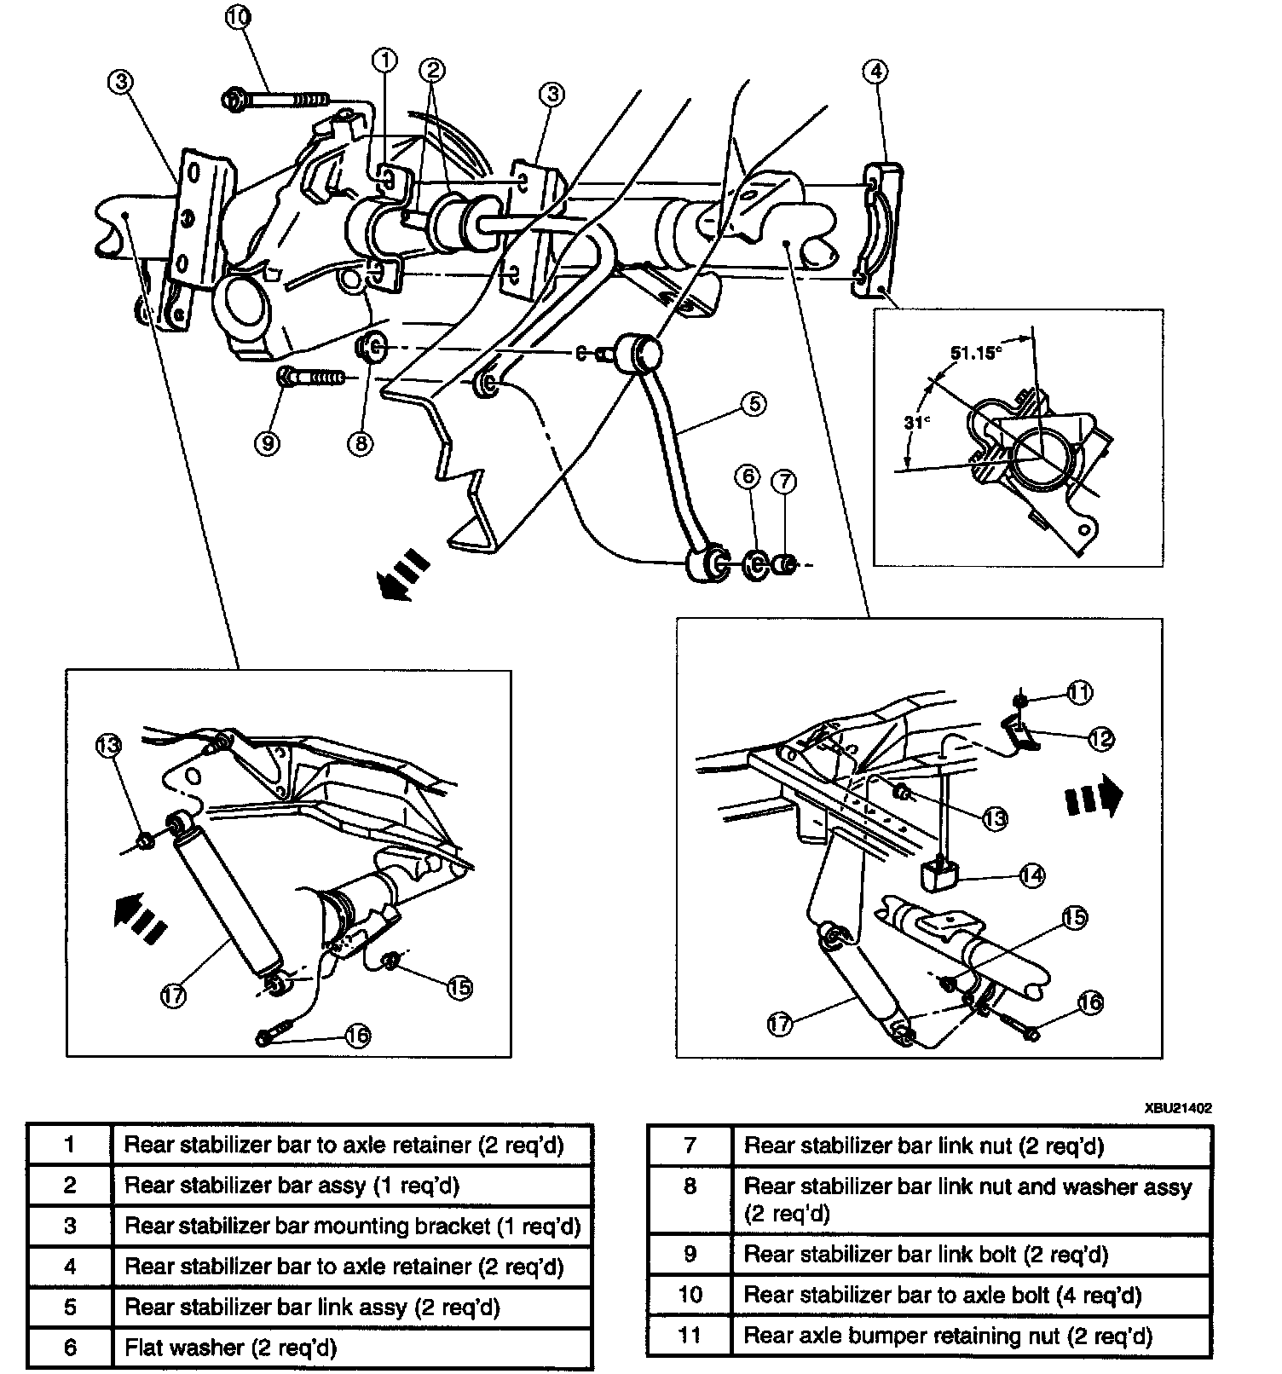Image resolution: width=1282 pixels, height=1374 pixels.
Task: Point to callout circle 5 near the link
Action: click(x=754, y=403)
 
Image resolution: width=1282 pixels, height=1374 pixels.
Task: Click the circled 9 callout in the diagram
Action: click(x=268, y=443)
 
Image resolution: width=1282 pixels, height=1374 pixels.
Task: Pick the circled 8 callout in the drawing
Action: click(x=360, y=443)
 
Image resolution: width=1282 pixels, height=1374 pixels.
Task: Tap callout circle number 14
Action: click(x=1031, y=875)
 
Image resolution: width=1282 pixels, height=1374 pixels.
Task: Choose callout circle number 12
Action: click(x=1100, y=738)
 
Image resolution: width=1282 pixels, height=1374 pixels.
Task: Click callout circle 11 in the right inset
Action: click(x=1079, y=693)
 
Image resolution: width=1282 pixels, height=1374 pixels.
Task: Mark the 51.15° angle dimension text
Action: click(x=973, y=352)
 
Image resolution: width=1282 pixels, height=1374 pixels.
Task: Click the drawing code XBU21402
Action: click(x=1177, y=1108)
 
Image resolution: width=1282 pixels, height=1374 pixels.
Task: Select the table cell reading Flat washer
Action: click(x=230, y=1348)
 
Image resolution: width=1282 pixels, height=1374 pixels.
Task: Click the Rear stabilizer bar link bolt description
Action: click(x=926, y=1255)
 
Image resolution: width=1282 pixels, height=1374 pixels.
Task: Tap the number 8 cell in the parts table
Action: click(x=690, y=1186)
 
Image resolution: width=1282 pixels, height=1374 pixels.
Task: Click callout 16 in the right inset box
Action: click(x=1090, y=1003)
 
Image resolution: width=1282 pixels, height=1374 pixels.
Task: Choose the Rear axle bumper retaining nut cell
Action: click(x=948, y=1336)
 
